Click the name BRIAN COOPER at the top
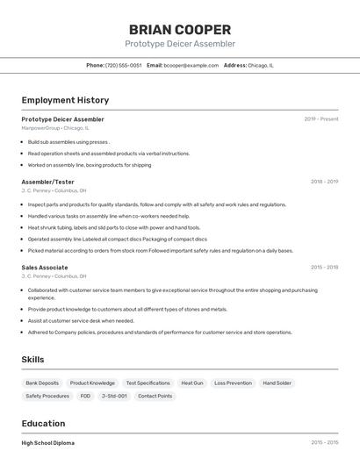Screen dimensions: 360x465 point(180,30)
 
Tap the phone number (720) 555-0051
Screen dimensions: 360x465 point(123,65)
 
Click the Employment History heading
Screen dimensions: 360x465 point(65,100)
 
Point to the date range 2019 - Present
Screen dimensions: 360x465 point(320,118)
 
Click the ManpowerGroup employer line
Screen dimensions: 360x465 point(55,128)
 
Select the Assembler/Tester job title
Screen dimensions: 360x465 point(47,182)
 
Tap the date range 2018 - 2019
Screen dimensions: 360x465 point(324,182)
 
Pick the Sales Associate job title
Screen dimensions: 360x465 point(45,267)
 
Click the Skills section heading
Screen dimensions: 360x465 point(33,360)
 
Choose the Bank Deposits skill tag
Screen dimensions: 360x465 point(42,383)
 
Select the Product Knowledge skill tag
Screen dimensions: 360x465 point(92,383)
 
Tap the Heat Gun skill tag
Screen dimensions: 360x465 point(191,383)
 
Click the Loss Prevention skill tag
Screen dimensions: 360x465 point(233,383)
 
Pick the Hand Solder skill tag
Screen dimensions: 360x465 point(277,383)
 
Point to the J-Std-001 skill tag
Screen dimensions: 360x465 point(114,396)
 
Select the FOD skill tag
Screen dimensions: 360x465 point(85,396)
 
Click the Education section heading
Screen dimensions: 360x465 point(43,423)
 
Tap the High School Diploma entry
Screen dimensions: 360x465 point(48,443)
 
